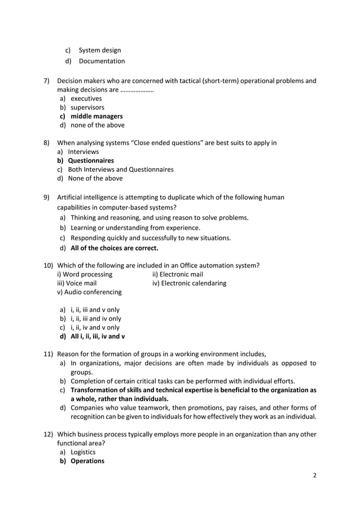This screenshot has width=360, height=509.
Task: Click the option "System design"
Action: pyautogui.click(x=99, y=50)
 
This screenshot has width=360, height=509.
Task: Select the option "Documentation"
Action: pyautogui.click(x=102, y=61)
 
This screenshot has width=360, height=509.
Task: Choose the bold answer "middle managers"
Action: pyautogui.click(x=96, y=116)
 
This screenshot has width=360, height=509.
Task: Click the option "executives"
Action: pyautogui.click(x=86, y=98)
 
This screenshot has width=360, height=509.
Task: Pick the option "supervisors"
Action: pyautogui.click(x=87, y=107)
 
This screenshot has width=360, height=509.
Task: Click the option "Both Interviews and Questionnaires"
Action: pyautogui.click(x=120, y=169)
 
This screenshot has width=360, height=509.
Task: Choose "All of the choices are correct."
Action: pyautogui.click(x=115, y=248)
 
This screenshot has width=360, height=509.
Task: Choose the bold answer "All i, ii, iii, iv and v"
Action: pyautogui.click(x=98, y=337)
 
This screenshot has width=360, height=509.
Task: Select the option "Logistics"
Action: pyautogui.click(x=83, y=452)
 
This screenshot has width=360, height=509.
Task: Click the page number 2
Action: pyautogui.click(x=315, y=475)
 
